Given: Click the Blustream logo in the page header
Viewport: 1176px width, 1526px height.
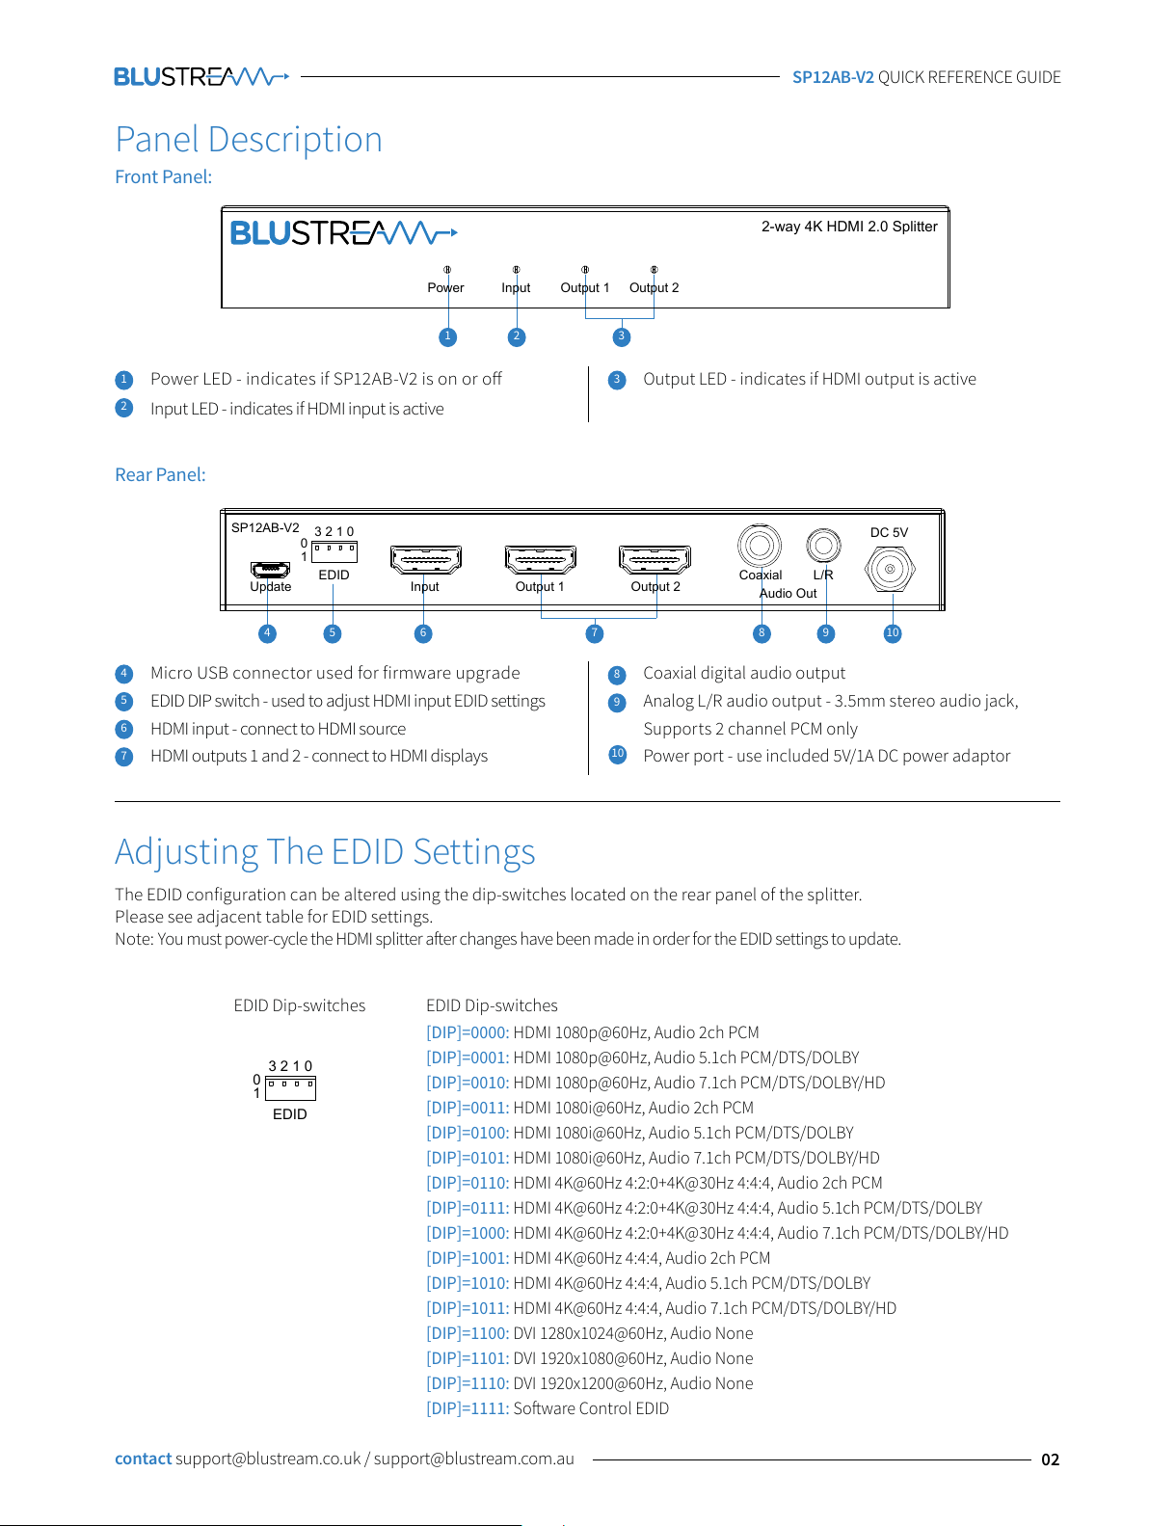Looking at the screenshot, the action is (201, 76).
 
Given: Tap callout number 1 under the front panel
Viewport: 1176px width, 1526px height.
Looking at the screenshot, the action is (447, 337).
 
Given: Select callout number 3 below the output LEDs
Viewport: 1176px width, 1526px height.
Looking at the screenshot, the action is (622, 337).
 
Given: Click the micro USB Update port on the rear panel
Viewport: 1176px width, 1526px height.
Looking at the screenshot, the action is (270, 569).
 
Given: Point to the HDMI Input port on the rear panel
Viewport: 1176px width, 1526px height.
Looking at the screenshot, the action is (425, 559).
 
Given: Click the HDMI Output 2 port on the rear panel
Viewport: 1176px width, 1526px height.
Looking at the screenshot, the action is (655, 559).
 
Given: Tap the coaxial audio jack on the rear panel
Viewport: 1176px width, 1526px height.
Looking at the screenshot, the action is (759, 545).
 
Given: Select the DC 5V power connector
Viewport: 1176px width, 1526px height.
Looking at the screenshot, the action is (890, 569).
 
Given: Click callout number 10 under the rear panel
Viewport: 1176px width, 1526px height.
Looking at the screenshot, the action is (893, 633).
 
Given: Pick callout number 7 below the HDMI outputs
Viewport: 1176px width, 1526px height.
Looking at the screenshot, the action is (595, 633).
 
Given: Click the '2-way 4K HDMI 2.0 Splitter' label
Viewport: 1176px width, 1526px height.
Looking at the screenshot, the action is (849, 227).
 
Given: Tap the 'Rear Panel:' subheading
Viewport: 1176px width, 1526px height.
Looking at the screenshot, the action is (160, 474).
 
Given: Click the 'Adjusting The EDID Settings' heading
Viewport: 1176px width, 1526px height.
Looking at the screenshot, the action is (325, 852).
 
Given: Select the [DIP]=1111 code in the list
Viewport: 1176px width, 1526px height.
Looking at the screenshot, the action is (468, 1408).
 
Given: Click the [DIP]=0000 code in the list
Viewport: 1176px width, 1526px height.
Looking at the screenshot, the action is (468, 1032).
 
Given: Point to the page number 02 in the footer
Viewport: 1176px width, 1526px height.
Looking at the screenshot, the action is (1051, 1459).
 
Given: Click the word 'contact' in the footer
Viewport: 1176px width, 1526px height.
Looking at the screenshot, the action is (144, 1459).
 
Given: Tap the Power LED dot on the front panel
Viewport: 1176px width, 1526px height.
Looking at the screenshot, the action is (447, 270).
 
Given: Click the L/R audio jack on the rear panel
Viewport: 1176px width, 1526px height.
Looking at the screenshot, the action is (823, 545).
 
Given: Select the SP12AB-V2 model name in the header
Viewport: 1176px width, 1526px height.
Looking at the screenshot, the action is (833, 77).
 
